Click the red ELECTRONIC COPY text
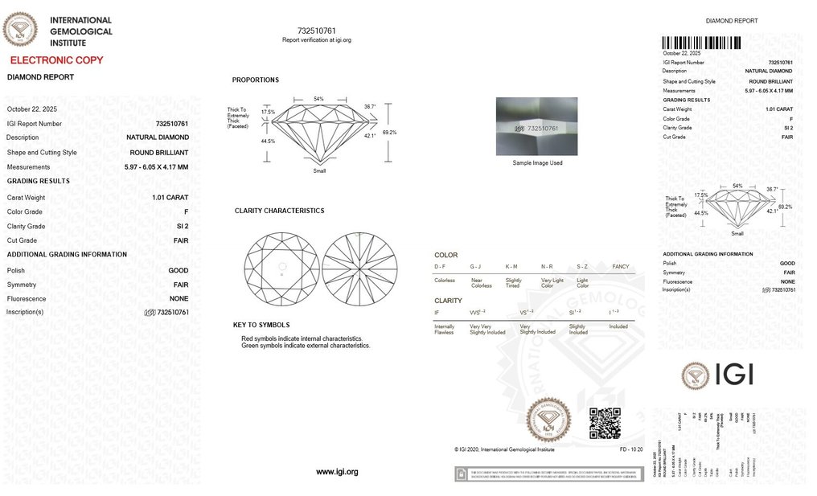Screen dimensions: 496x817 tap(56, 60)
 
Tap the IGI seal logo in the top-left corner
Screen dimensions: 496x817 tap(20, 29)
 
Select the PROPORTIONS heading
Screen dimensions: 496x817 tap(256, 80)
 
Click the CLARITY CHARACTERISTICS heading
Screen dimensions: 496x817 tap(279, 211)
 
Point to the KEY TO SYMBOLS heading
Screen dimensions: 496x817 tap(261, 325)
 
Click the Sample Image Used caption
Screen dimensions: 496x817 tap(537, 163)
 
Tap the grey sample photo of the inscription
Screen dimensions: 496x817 tap(536, 126)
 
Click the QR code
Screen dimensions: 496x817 tap(605, 424)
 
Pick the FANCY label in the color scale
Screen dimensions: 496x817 tap(621, 266)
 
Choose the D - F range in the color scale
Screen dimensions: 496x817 tap(440, 266)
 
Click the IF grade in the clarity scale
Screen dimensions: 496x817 tap(437, 312)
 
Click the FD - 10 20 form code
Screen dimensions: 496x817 tap(630, 449)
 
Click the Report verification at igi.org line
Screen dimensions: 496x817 tap(317, 39)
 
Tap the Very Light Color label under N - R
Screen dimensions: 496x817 tap(552, 283)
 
